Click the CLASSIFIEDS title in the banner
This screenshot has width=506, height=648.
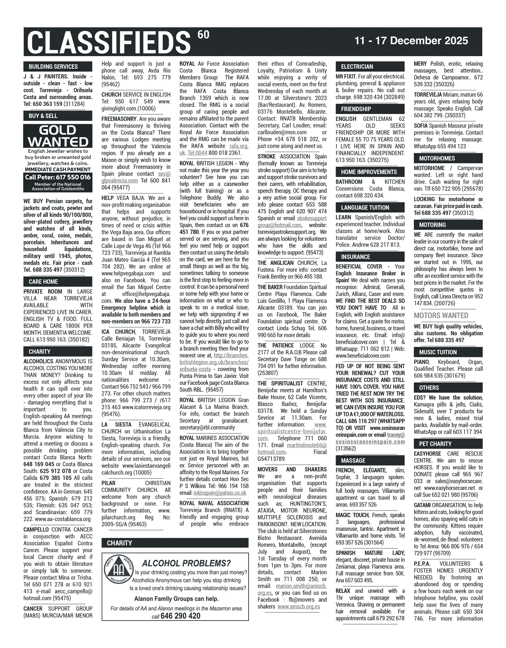tap(108, 42)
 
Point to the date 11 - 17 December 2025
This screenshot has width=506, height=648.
tap(411, 41)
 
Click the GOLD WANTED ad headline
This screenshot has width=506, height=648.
tap(58, 136)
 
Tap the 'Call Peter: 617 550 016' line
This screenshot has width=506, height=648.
tap(58, 177)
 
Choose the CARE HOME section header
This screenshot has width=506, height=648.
tap(43, 282)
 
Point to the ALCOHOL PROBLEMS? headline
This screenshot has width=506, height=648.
tap(186, 563)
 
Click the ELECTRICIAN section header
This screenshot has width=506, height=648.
tap(357, 66)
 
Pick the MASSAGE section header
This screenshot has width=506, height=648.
tap(353, 461)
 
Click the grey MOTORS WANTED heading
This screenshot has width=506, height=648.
tap(441, 315)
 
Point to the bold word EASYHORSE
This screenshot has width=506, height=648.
tap(427, 454)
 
